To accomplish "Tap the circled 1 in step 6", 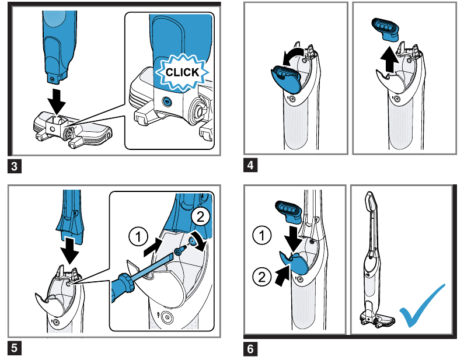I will (261, 236).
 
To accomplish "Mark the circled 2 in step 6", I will (261, 274).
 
